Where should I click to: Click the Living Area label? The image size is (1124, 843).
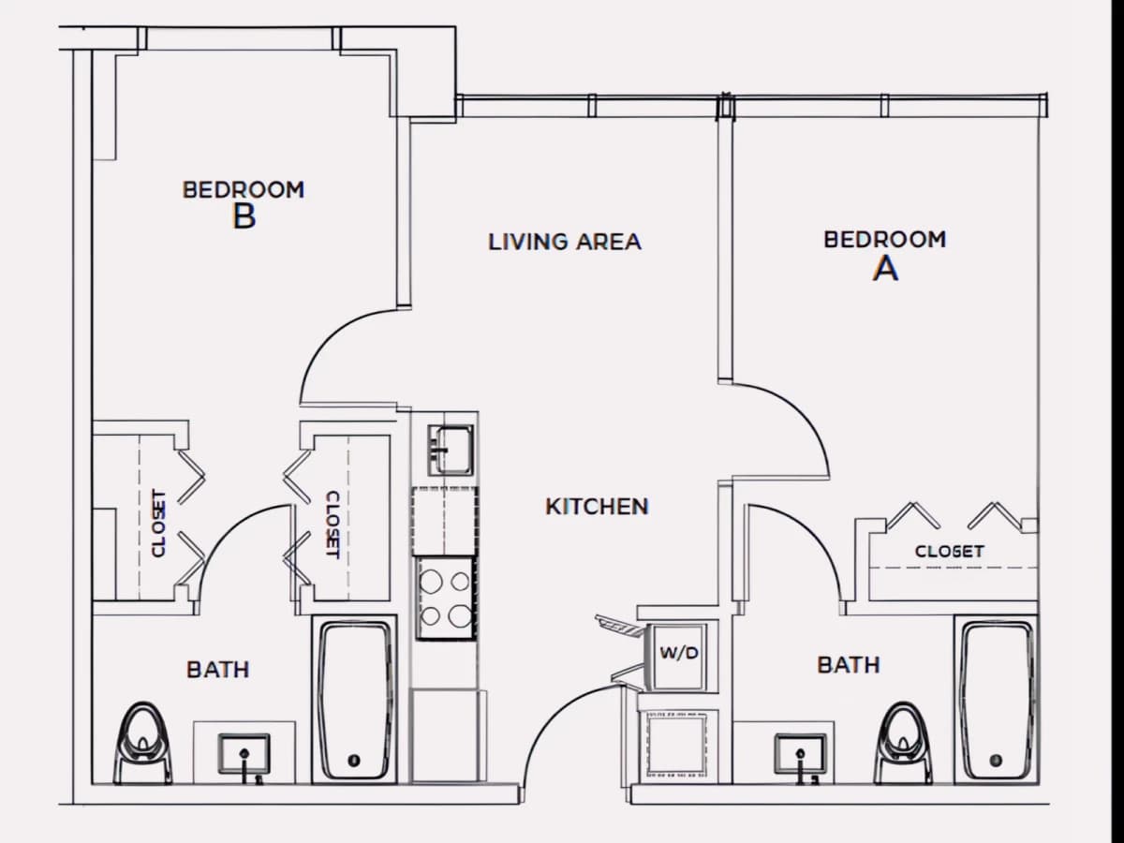pos(564,242)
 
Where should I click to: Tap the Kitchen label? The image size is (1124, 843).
pos(597,507)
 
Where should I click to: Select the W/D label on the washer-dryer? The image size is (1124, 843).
pos(679,653)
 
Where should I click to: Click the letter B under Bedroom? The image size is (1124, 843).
pos(244,216)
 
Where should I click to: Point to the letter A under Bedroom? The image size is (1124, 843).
pos(885,269)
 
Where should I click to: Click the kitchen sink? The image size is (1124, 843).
pos(451,450)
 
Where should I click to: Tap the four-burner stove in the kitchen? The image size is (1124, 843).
pos(445,598)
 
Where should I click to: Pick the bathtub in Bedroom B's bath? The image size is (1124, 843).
pos(354,700)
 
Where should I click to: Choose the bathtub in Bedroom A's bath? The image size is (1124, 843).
pos(997,700)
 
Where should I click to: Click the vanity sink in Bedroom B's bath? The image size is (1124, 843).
pos(244,754)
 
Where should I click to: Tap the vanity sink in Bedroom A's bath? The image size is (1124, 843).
pos(800,754)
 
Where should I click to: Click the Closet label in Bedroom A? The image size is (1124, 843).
pos(950,552)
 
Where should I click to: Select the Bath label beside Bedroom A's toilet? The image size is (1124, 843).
pos(849,665)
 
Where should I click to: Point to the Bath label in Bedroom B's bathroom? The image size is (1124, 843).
pos(218,670)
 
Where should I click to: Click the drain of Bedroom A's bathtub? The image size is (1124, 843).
pos(996,761)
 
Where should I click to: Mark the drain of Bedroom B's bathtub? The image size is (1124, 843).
pos(354,761)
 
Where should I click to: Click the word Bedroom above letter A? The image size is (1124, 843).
pos(885,240)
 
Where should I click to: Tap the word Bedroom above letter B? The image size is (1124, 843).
pos(244,190)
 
